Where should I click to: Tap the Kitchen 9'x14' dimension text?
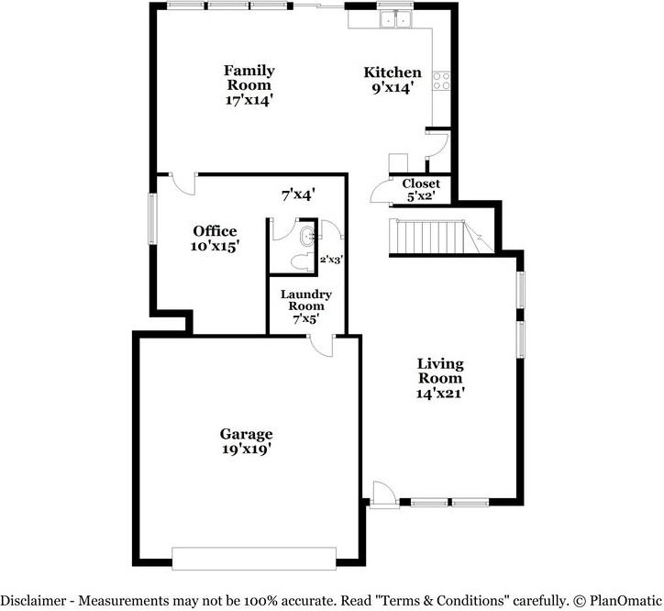(x=393, y=88)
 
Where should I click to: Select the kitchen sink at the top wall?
(x=397, y=20)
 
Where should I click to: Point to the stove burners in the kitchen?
(x=443, y=80)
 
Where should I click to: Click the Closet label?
(x=421, y=183)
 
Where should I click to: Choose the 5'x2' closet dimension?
(x=421, y=195)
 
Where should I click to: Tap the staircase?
(x=432, y=238)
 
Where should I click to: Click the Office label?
(x=215, y=231)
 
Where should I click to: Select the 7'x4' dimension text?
(x=298, y=194)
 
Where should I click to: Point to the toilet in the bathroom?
(x=297, y=261)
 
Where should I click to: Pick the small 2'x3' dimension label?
(x=330, y=260)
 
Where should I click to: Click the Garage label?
(x=246, y=434)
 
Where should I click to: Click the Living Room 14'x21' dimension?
(x=441, y=392)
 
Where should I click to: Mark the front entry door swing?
(x=382, y=494)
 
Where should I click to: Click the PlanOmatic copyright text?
(x=617, y=600)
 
